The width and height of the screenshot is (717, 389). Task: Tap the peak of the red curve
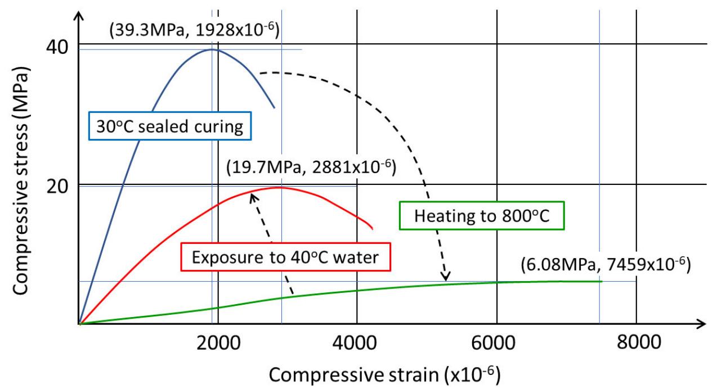[x=278, y=187]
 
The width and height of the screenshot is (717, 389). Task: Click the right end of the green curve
[x=601, y=282]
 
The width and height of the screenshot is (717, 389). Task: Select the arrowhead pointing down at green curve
[x=446, y=277]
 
